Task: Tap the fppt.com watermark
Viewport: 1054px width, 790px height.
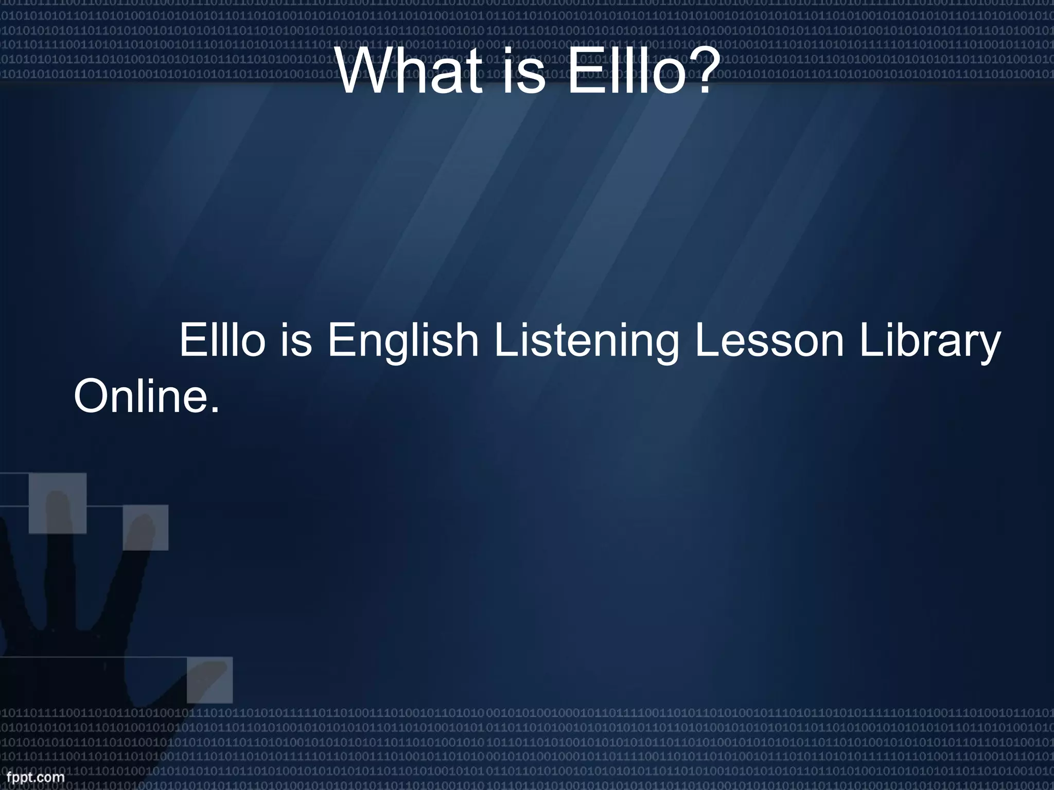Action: (32, 777)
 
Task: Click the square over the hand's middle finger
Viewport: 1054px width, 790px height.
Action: (57, 503)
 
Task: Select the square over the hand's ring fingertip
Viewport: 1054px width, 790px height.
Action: (146, 528)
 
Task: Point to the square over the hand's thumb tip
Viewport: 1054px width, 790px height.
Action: (209, 679)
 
